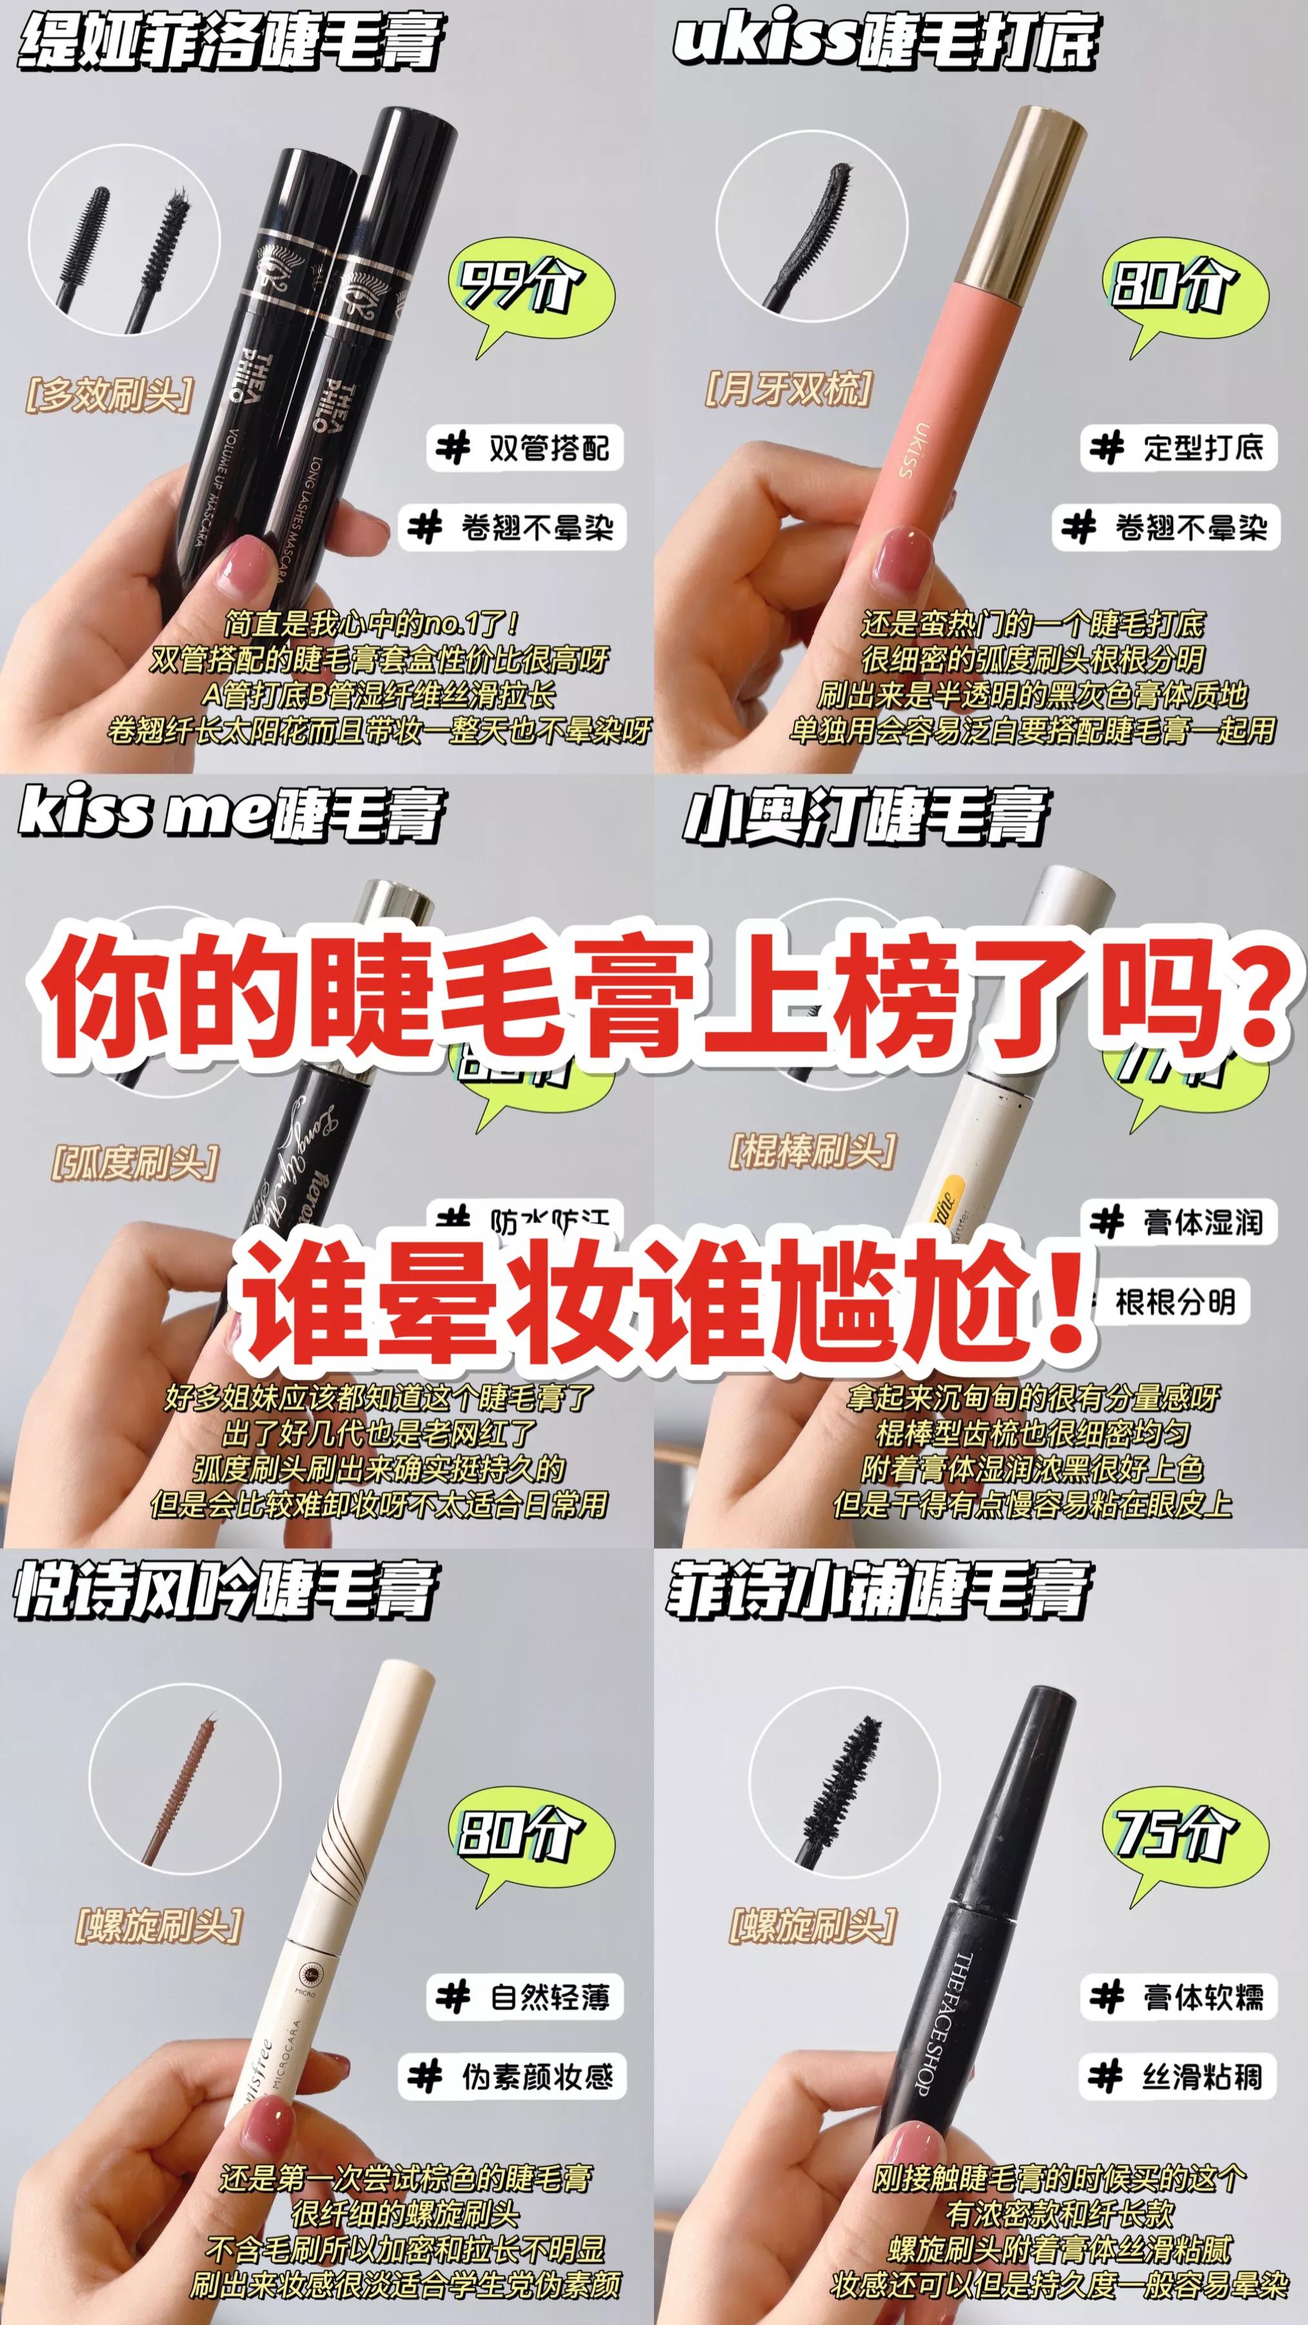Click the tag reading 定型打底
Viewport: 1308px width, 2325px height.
pyautogui.click(x=1179, y=447)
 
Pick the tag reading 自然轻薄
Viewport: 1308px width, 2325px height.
pyautogui.click(x=526, y=1996)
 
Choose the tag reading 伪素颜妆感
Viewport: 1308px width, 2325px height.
pyautogui.click(x=513, y=2077)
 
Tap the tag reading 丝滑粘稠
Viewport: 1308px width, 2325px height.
pyautogui.click(x=1179, y=2077)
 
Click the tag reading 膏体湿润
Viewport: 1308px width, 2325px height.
pyautogui.click(x=1179, y=1223)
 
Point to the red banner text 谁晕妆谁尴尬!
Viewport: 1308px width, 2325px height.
pyautogui.click(x=664, y=1300)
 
